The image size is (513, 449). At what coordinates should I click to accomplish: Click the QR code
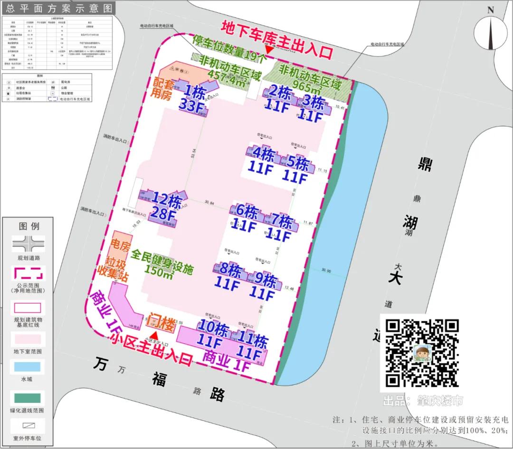tap(421, 352)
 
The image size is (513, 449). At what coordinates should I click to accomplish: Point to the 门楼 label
tap(162, 323)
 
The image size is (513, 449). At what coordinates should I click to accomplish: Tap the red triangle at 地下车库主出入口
tap(269, 50)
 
